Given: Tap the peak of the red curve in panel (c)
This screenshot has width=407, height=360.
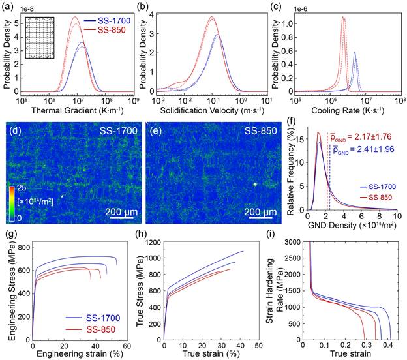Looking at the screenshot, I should (342, 18).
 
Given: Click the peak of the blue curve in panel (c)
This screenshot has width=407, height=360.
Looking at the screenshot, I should (355, 53).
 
